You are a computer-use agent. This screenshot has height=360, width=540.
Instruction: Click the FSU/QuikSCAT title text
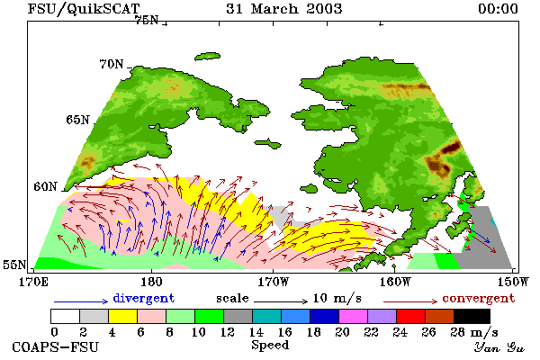(x=84, y=9)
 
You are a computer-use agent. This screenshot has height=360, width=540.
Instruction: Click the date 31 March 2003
(x=284, y=9)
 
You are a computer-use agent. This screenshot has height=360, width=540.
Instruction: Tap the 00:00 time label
(x=498, y=9)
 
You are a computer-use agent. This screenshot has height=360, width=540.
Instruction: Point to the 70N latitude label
(x=112, y=64)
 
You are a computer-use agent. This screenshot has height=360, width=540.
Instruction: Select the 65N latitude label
(x=77, y=120)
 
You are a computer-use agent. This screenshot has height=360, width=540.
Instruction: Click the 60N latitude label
(x=45, y=186)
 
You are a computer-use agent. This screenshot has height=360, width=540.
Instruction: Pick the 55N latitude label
(x=14, y=265)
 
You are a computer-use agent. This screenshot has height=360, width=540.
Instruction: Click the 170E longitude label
(x=33, y=282)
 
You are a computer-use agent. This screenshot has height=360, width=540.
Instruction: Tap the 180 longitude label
(x=151, y=282)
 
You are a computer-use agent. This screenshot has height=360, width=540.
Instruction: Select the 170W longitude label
(x=273, y=282)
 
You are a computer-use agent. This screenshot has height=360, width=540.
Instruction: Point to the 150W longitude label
(x=513, y=282)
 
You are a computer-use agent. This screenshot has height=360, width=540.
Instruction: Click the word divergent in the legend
(x=144, y=298)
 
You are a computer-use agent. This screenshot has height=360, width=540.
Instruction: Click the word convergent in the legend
(x=479, y=298)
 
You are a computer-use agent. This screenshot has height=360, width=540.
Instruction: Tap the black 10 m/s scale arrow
(x=281, y=301)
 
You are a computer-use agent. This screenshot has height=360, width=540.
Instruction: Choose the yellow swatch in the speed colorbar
(x=123, y=316)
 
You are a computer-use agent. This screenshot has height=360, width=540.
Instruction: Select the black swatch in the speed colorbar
(x=472, y=316)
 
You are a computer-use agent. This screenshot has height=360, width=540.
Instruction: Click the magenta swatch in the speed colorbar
(x=354, y=316)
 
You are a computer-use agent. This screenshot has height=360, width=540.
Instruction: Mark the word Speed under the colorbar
(x=270, y=346)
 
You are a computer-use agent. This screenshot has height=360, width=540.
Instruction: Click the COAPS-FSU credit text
(x=55, y=346)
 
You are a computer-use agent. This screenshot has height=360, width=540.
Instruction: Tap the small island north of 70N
(x=207, y=56)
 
